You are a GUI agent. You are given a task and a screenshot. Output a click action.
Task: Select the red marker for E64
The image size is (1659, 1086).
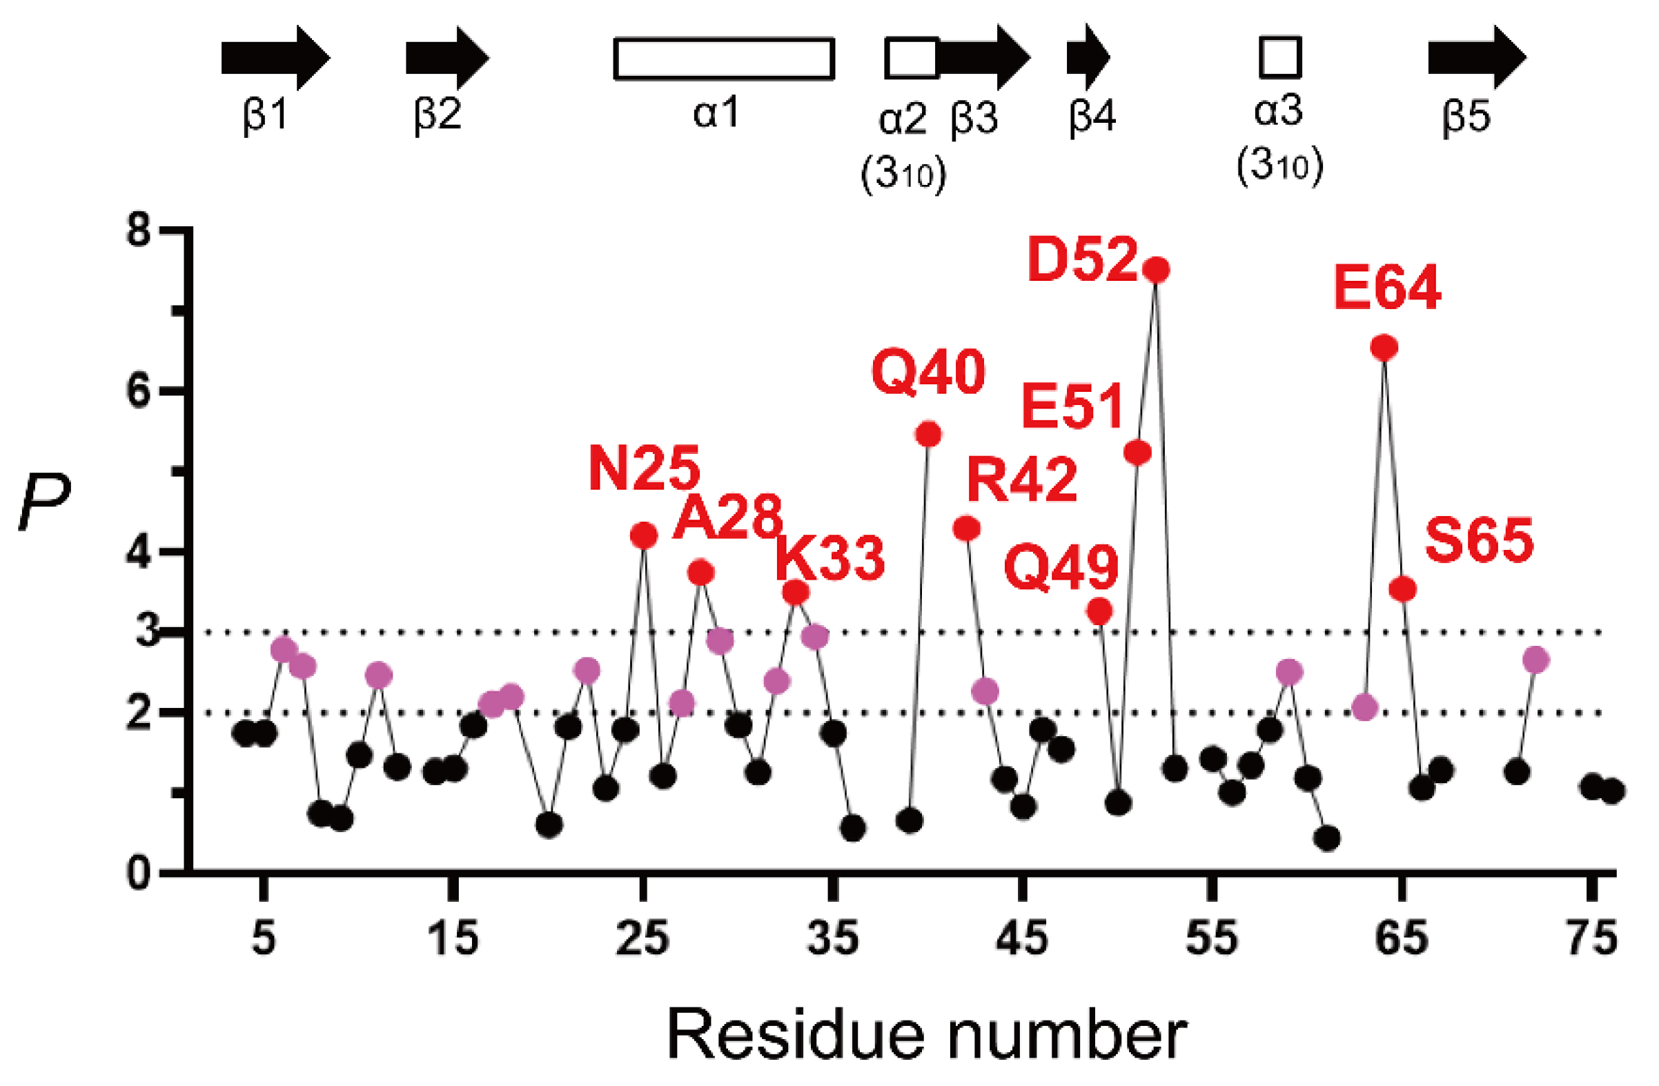point(1384,347)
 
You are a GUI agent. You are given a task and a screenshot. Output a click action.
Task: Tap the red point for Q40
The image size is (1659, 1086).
point(928,434)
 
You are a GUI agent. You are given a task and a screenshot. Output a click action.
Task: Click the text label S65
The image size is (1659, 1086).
point(1479,540)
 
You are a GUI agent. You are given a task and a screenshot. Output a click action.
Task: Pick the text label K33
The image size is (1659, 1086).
point(830,558)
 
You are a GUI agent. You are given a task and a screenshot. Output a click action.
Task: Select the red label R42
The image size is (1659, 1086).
point(1022,480)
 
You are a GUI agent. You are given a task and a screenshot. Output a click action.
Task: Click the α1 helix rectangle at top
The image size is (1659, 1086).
point(723,59)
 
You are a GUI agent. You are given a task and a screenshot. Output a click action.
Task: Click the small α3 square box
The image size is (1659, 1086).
point(1280,58)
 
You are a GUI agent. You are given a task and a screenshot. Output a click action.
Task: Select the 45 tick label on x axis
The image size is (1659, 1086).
point(1022,938)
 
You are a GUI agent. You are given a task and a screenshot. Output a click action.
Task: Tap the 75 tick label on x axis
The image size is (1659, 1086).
point(1591,938)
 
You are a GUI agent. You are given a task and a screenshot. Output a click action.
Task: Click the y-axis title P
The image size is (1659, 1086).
point(44,501)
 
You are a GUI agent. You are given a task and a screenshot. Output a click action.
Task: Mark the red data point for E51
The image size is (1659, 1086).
point(1137,453)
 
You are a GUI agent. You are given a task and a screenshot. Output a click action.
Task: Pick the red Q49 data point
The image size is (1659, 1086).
point(1099,611)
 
